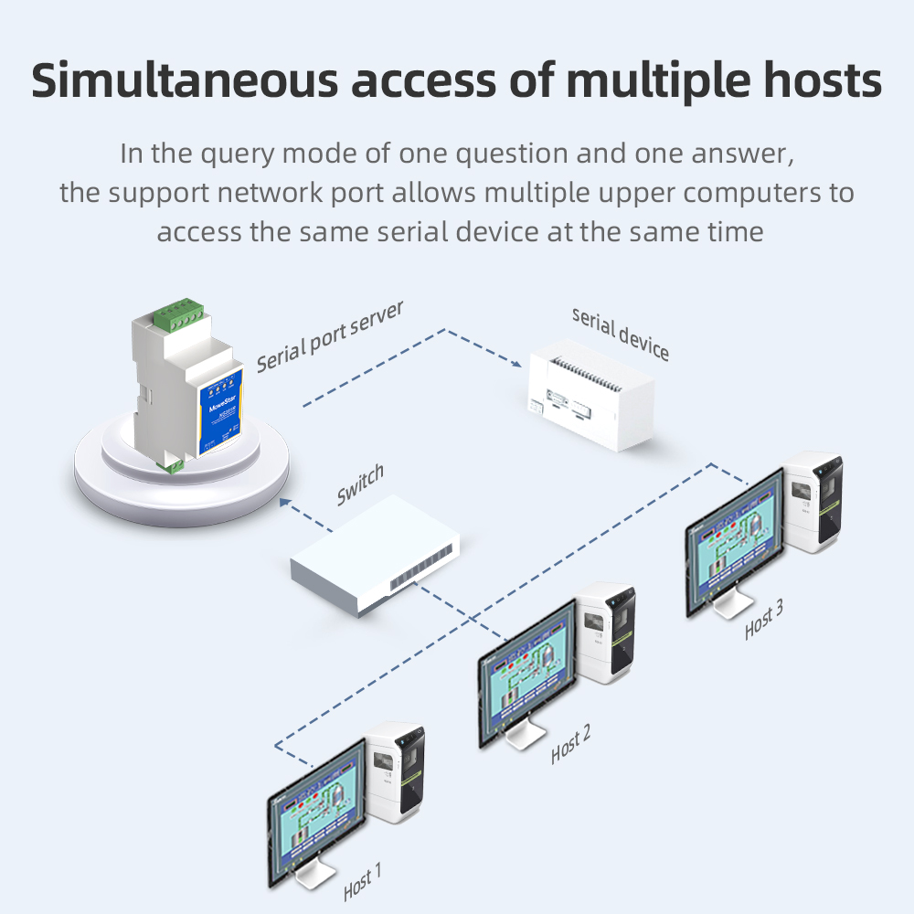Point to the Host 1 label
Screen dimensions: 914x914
363,882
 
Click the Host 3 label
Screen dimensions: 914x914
763,621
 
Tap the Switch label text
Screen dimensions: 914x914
360,485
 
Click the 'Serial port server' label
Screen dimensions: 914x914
330,336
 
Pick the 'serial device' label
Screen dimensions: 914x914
621,333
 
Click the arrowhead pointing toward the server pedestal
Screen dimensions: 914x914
286,500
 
